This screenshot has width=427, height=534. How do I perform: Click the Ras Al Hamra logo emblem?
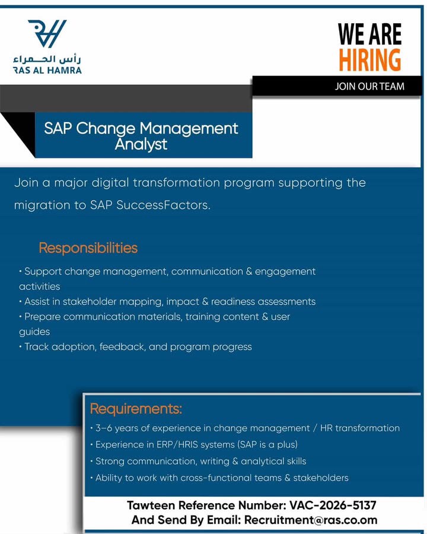[47, 33]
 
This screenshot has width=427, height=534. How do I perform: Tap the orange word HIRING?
[370, 60]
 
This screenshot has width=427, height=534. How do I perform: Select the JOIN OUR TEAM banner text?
[369, 86]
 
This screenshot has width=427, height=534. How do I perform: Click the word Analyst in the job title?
[141, 144]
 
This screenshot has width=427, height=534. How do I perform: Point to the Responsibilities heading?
[88, 247]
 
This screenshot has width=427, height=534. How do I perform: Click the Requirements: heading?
[136, 408]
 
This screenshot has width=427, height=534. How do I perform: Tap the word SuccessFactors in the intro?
[164, 205]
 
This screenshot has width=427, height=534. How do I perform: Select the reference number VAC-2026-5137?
[333, 505]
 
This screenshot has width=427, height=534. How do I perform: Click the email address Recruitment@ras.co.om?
[311, 520]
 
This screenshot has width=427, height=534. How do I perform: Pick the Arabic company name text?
[47, 59]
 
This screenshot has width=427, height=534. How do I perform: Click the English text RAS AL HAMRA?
[47, 71]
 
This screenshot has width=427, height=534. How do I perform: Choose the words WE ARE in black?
[370, 34]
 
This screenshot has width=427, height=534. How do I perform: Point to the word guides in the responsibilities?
[34, 332]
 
